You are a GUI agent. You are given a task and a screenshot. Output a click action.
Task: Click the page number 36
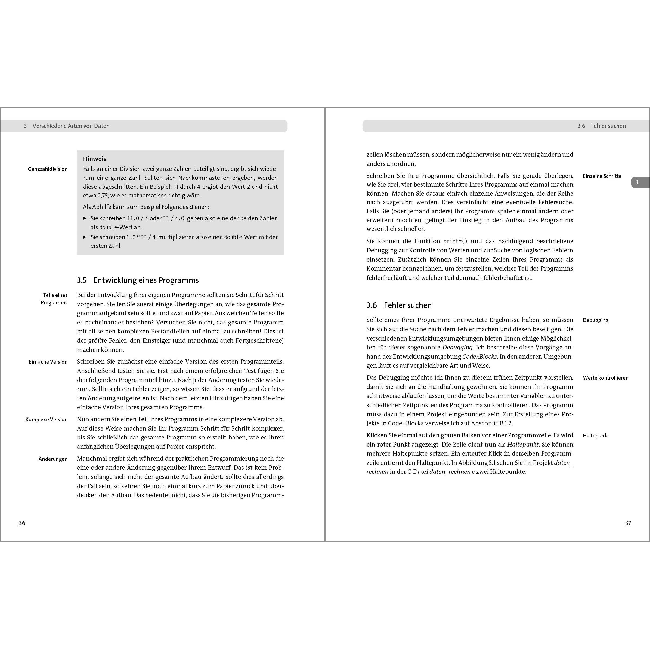pos(22,523)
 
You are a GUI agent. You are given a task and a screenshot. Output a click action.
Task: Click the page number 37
pos(628,523)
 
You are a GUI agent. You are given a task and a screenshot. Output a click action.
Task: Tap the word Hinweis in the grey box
pos(95,159)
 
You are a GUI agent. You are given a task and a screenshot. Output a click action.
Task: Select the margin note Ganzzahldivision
pos(48,169)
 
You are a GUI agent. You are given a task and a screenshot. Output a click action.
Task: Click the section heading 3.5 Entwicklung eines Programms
pos(138,280)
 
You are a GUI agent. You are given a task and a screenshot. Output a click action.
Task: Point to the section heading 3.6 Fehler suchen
pos(399,305)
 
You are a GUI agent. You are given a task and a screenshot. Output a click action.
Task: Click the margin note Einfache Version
pos(48,362)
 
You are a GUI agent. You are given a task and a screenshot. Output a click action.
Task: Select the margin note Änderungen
pos(53,459)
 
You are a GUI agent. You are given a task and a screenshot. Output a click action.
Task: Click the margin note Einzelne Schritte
pos(602,176)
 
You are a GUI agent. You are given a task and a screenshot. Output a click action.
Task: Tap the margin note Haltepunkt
pos(596,435)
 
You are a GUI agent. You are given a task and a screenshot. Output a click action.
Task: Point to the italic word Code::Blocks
pos(479,357)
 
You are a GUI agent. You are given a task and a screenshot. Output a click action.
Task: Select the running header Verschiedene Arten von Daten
pos(71,126)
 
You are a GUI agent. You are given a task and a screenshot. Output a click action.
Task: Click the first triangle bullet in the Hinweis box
pos(85,218)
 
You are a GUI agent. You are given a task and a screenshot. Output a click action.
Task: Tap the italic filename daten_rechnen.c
pos(452,472)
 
